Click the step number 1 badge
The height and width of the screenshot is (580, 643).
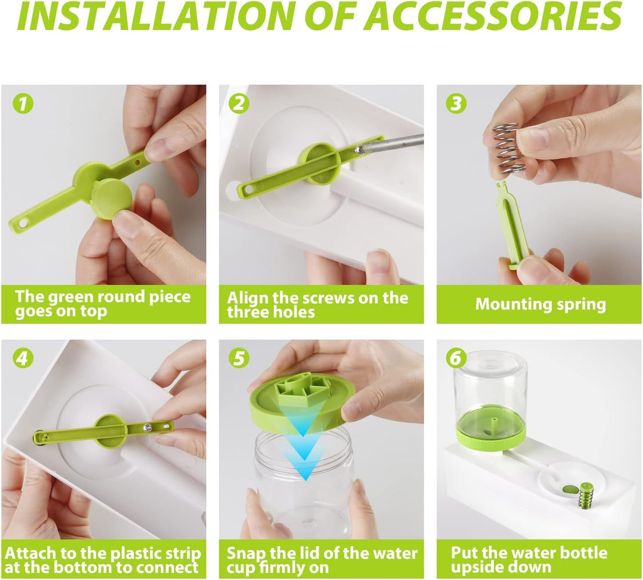point(23,103)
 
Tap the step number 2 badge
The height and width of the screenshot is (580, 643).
point(239,103)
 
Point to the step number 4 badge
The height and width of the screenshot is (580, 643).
point(23,358)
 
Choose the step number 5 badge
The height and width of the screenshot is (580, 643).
point(239,358)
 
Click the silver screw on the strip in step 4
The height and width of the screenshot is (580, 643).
point(147,427)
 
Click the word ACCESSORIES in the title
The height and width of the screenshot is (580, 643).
point(496,16)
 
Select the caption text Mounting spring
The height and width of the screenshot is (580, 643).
point(540,304)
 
